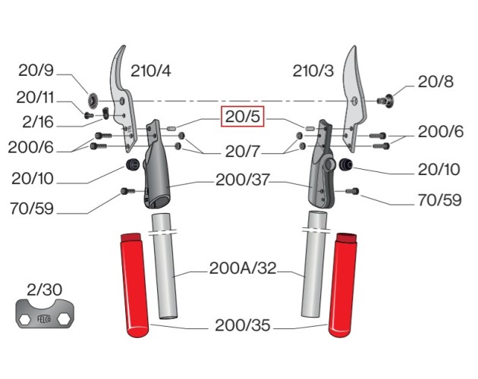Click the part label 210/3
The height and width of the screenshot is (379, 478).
313,72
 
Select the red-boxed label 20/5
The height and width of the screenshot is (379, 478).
243,117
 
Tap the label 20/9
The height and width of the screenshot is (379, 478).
36,72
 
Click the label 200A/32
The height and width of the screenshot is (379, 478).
242,268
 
